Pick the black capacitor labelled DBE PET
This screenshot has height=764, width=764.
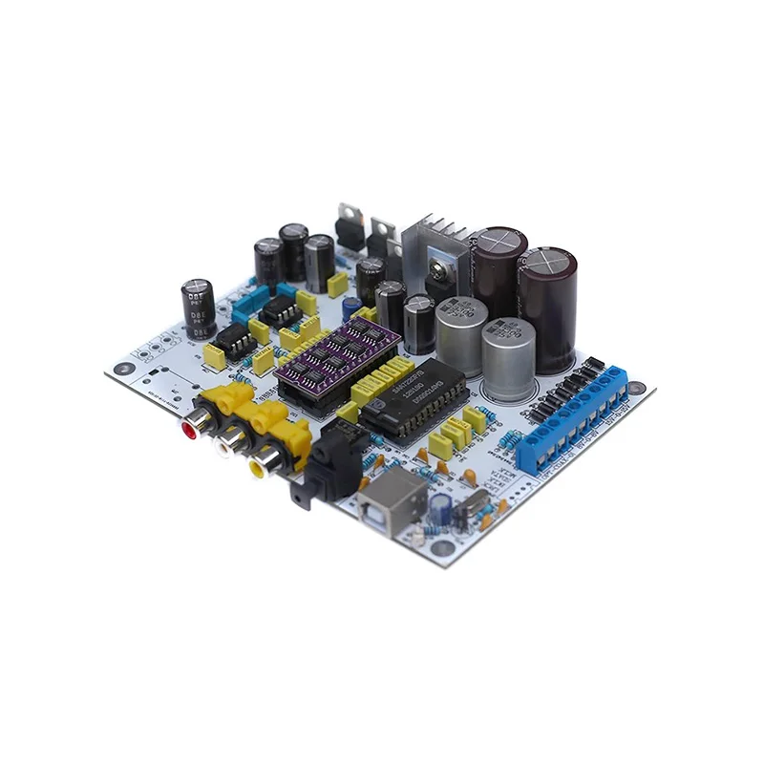pyautogui.click(x=198, y=310)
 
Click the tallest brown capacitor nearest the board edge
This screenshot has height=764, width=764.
pyautogui.click(x=547, y=306)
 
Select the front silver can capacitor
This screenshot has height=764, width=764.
pyautogui.click(x=508, y=358)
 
